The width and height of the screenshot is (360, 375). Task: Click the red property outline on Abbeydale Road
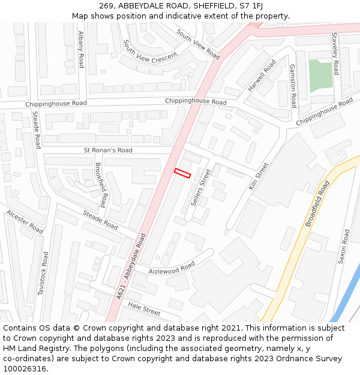click(x=182, y=173)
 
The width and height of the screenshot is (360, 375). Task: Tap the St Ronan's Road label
click(x=108, y=150)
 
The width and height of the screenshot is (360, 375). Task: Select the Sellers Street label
click(x=201, y=188)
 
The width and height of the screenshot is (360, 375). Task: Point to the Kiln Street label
click(x=259, y=176)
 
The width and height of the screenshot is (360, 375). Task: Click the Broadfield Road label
click(x=317, y=204)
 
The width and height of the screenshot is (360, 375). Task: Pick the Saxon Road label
click(x=344, y=247)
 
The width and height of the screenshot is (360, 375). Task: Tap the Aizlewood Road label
click(x=172, y=268)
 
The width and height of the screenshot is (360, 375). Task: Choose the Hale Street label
click(x=144, y=309)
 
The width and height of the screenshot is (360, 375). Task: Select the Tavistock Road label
click(x=44, y=273)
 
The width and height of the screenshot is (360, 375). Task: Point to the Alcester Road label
click(x=25, y=221)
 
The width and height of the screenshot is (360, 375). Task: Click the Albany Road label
click(x=81, y=49)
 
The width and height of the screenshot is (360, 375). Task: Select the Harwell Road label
click(x=262, y=76)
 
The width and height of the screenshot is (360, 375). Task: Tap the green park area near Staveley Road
click(x=320, y=76)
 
